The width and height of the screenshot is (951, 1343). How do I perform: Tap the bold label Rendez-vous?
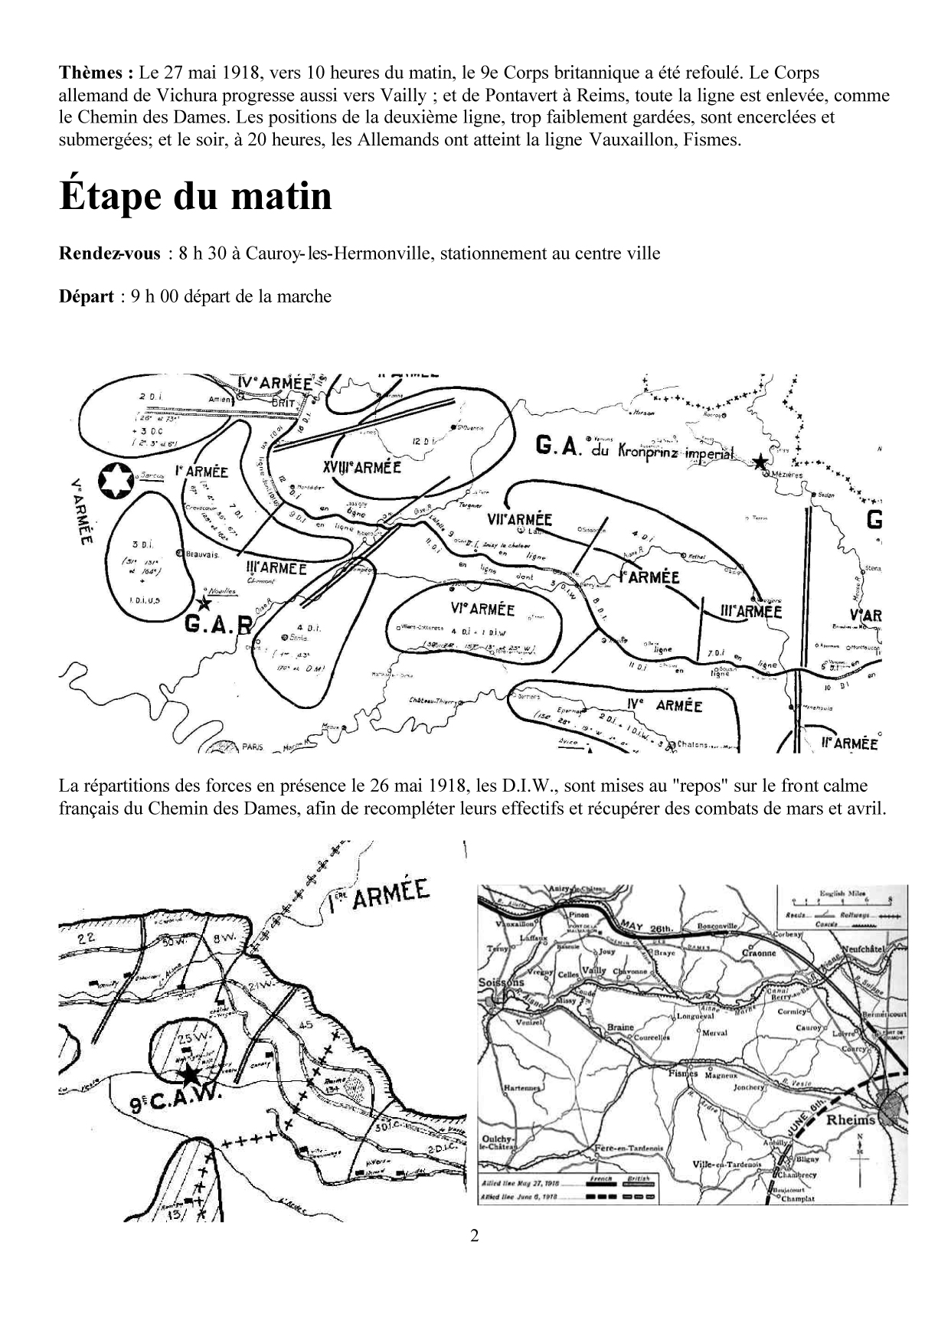pos(109,253)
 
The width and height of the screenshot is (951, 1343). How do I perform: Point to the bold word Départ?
pos(87,296)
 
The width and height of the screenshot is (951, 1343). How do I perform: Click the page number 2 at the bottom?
pos(475,1235)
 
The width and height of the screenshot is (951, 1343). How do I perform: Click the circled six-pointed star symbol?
pos(116,480)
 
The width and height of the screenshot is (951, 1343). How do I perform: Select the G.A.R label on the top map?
pos(218,623)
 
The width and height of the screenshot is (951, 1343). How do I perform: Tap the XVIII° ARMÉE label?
pos(363,466)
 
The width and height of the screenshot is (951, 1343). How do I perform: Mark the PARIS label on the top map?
pos(251,747)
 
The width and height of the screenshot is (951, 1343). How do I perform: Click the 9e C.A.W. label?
pos(175,1103)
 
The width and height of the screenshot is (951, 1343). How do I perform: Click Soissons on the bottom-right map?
pos(502,982)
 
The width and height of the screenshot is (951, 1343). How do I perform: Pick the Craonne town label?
pos(759,953)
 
